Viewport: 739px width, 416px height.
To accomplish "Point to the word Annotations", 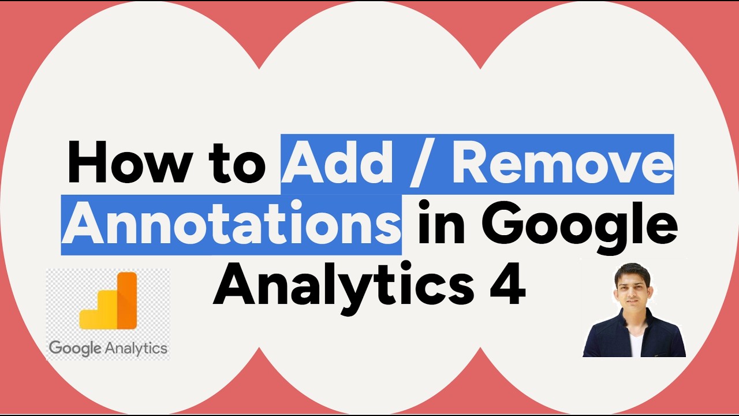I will [x=231, y=225].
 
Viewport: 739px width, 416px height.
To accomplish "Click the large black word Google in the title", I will [x=583, y=226].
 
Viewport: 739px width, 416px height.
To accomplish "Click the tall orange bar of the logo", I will [x=126, y=301].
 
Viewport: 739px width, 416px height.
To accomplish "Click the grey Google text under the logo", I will [x=75, y=348].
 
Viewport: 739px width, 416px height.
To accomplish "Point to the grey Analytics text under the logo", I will [x=136, y=348].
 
